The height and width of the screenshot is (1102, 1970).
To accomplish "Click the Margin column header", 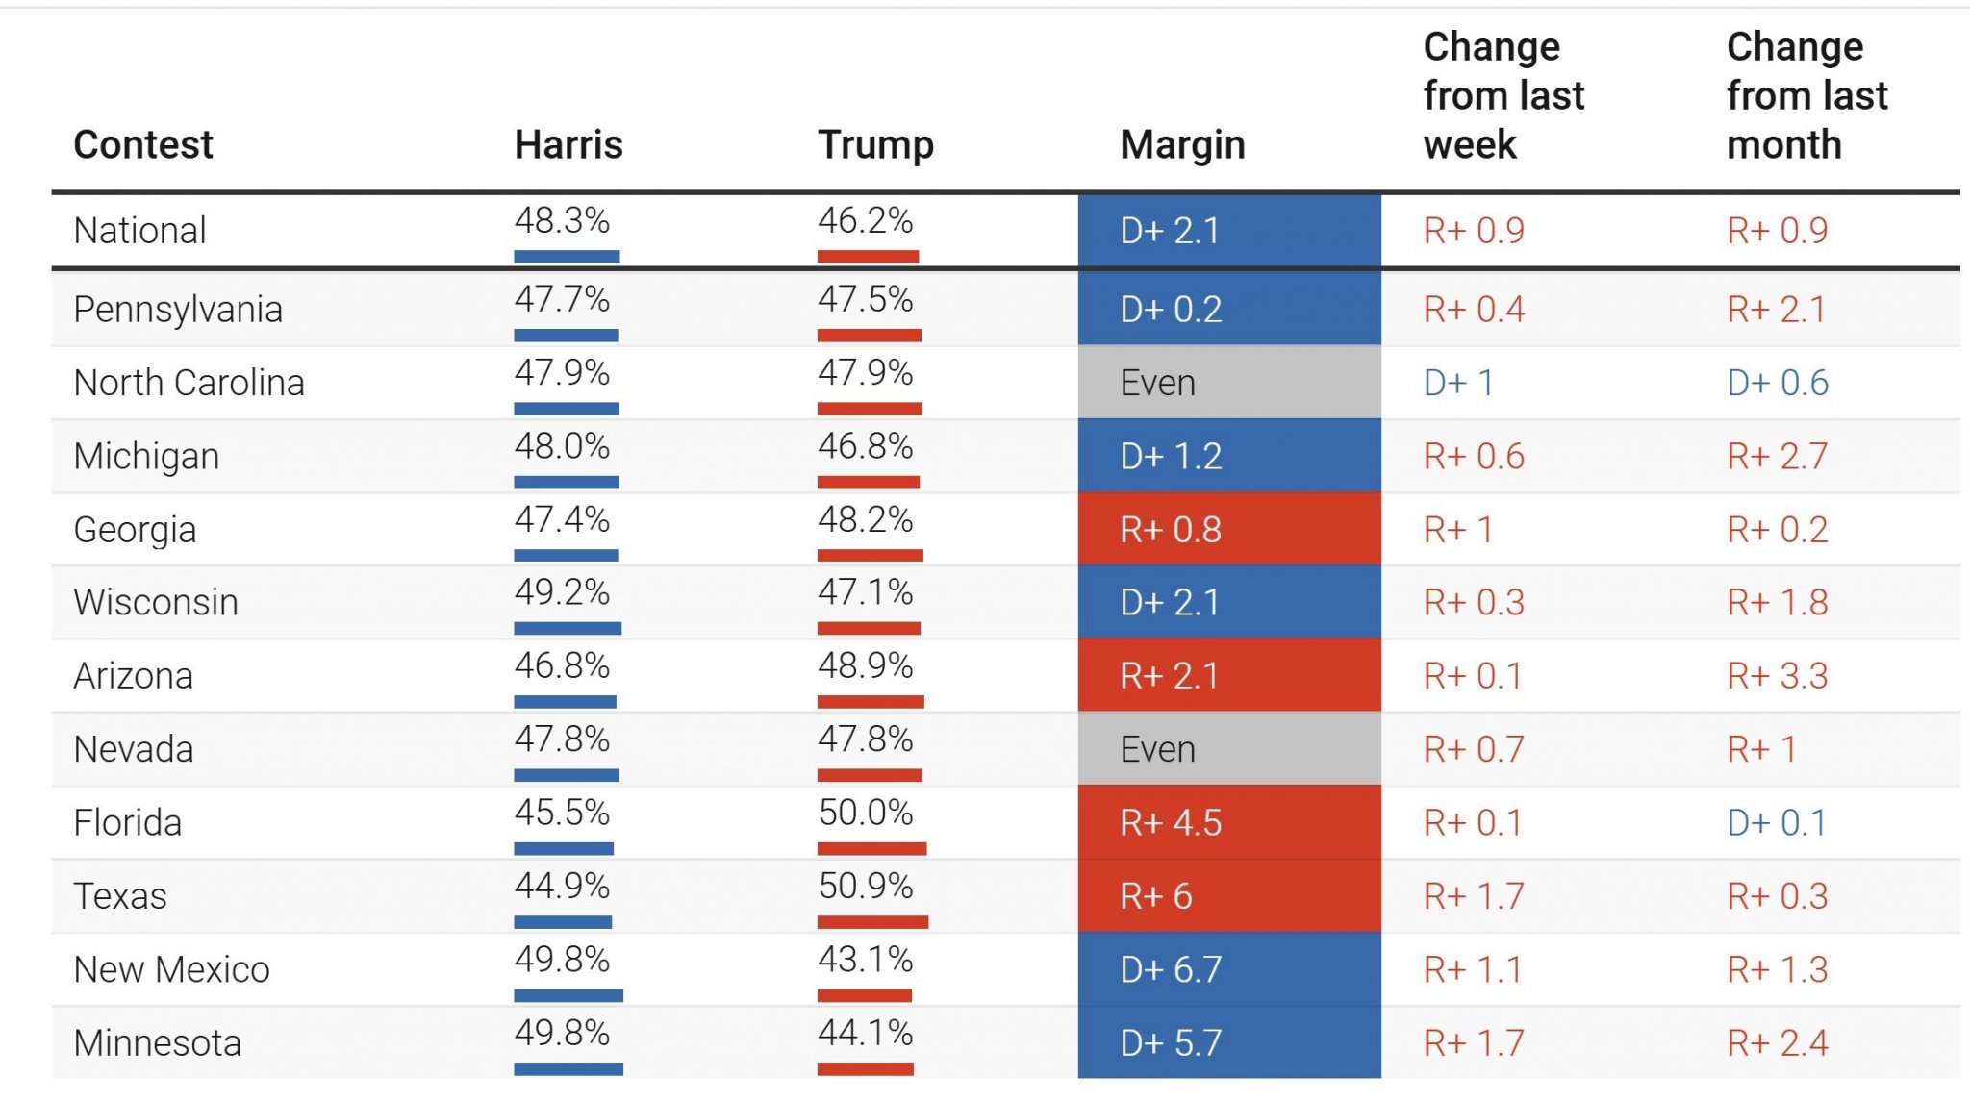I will [1182, 145].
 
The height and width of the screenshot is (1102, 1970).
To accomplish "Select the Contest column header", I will [142, 145].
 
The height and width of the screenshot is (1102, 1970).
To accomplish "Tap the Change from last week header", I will [1503, 95].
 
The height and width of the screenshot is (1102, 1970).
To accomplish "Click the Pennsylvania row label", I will [178, 310].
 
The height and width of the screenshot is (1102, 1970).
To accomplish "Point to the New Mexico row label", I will [171, 969].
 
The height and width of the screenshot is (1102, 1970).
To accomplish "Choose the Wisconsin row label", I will [156, 602].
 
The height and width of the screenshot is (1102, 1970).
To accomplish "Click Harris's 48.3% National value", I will [562, 220].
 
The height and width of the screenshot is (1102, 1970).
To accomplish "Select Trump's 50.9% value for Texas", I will [865, 886].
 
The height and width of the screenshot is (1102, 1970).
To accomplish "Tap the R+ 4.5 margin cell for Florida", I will [1228, 823].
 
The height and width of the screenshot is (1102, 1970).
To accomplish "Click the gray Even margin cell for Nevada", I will [1228, 749].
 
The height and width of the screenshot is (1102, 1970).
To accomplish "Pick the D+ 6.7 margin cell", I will [1228, 969].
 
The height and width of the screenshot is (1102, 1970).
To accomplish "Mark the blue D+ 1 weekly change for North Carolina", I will [1458, 383].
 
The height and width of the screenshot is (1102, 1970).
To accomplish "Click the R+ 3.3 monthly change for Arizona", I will [1777, 676].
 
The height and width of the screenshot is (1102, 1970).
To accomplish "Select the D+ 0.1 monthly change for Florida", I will [1776, 823].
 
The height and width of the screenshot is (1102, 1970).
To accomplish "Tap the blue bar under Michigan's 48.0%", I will [566, 482].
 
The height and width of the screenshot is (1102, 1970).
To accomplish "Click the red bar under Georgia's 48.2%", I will [870, 556].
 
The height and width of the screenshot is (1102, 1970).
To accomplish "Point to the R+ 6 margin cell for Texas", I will [1228, 896].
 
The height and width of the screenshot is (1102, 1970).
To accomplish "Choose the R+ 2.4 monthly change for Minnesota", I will [1777, 1043].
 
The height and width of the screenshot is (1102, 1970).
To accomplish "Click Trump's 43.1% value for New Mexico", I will [865, 959].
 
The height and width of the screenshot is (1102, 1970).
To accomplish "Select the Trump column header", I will [875, 145].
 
